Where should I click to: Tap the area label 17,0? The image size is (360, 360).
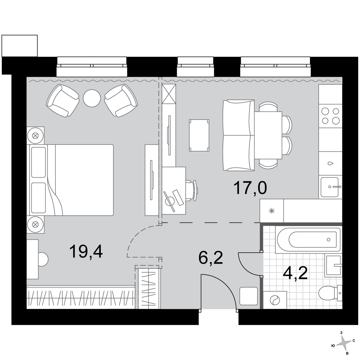[250, 188]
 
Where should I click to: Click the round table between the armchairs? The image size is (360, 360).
[92, 98]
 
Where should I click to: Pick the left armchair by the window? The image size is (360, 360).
[62, 100]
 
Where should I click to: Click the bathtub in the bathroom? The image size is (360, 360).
[309, 240]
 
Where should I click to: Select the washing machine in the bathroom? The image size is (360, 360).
[275, 300]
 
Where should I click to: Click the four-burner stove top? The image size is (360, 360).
[330, 116]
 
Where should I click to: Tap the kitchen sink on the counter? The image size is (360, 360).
[330, 187]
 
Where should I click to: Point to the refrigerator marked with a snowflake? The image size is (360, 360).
[272, 211]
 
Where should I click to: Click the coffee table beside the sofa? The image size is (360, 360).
[199, 135]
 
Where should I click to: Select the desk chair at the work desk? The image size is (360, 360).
[192, 190]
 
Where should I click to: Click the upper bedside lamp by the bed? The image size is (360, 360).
[35, 135]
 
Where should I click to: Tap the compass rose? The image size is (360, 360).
[343, 343]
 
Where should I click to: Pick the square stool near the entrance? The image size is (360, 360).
[248, 296]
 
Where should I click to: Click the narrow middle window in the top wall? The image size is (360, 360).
[195, 67]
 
